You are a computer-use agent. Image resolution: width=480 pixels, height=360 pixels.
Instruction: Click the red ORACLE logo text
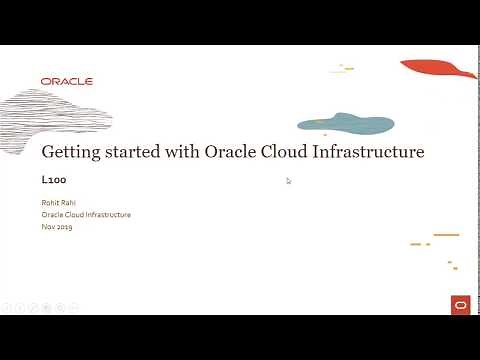tap(67, 81)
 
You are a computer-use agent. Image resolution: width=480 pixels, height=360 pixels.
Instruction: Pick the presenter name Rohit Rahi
tap(58, 204)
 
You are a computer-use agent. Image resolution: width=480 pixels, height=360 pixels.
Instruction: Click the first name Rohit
tap(50, 204)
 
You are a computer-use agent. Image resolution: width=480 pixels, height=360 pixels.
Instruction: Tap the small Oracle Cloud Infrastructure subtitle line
tap(86, 215)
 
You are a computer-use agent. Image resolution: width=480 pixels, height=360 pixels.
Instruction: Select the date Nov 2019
tap(57, 227)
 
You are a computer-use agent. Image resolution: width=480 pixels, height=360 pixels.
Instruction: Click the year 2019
tap(64, 227)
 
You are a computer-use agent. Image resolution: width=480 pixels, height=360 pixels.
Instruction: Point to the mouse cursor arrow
tap(288, 180)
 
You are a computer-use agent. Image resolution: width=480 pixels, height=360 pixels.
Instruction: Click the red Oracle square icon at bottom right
tap(459, 305)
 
